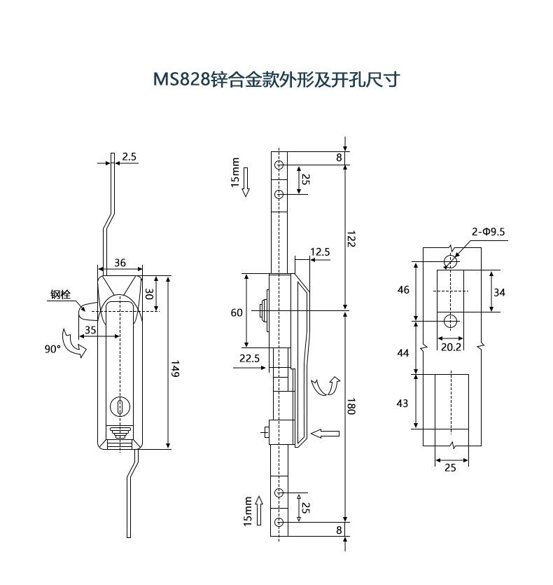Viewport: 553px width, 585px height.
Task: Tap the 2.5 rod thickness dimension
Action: pos(129,157)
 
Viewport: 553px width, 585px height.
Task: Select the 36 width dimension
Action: pos(120,263)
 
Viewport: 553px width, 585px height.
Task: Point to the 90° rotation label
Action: pos(52,347)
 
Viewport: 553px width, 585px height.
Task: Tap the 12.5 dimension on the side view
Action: pos(320,252)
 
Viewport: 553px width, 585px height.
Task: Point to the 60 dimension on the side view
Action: pos(237,312)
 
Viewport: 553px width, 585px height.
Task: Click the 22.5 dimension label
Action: pos(249,358)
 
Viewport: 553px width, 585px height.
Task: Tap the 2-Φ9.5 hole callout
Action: pos(488,231)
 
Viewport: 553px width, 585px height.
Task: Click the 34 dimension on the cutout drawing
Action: pos(498,292)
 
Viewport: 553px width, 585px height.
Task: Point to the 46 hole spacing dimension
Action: pos(402,289)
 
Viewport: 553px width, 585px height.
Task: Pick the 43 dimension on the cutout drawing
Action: pos(402,403)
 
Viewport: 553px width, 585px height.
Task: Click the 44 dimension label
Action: pos(402,352)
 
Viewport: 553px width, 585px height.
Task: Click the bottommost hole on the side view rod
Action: pos(279,523)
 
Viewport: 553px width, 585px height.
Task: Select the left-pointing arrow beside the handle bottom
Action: pos(325,434)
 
